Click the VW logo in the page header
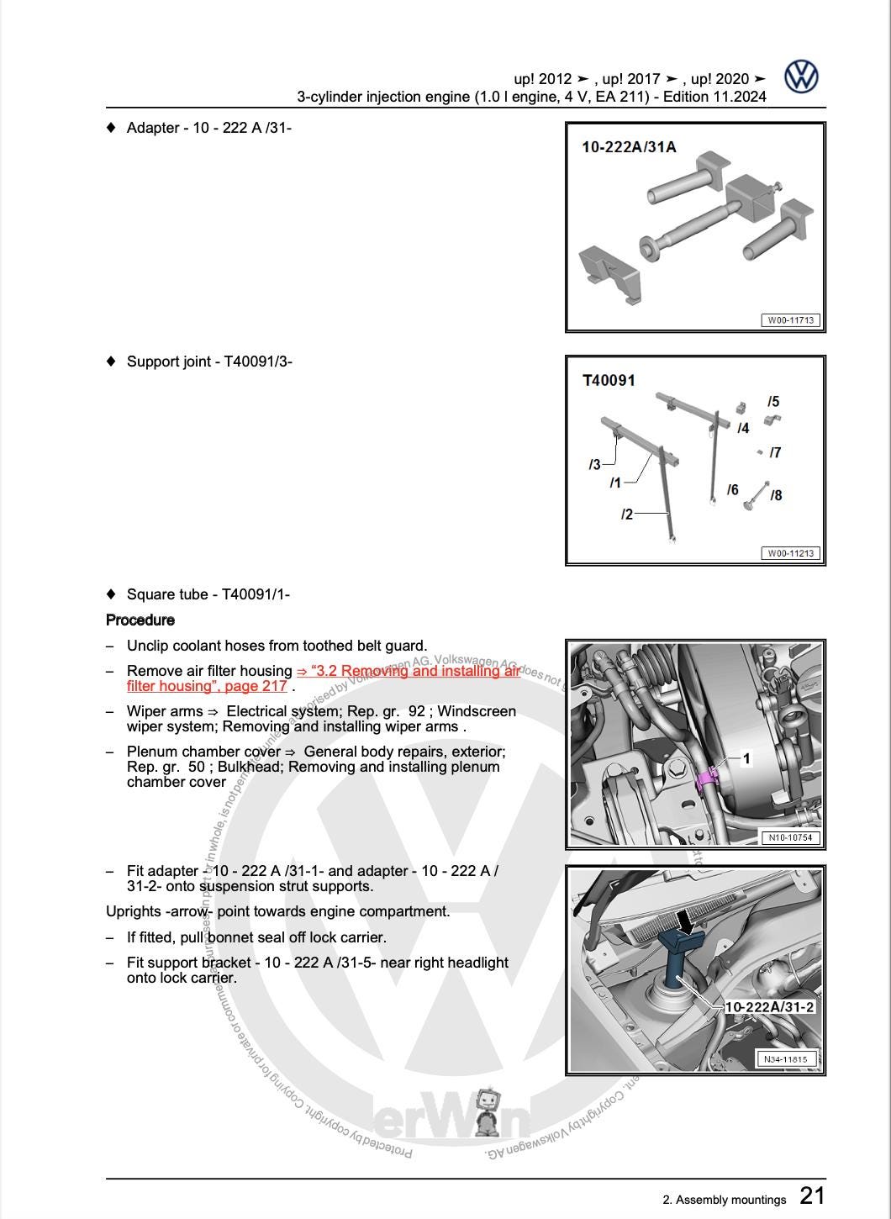click(x=801, y=77)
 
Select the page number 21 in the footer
click(x=812, y=1195)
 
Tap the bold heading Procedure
click(x=140, y=620)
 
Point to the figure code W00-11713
click(x=790, y=320)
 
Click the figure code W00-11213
click(x=790, y=553)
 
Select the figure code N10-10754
click(x=789, y=837)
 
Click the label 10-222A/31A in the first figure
click(x=629, y=147)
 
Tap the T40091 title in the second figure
click(x=609, y=381)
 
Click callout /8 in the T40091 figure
click(x=776, y=495)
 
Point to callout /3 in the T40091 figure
click(x=595, y=464)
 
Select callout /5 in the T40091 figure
click(x=773, y=402)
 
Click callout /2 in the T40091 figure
click(x=627, y=514)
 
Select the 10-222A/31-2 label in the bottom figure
click(x=769, y=1007)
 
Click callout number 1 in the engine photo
click(x=746, y=759)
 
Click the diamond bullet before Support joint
click(x=111, y=361)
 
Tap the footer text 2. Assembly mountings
click(x=724, y=1200)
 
